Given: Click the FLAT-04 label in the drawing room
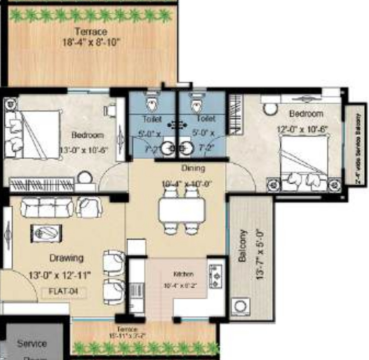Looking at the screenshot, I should click(64, 293).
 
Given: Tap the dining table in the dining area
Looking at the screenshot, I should click(182, 210).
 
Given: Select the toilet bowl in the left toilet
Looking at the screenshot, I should click(152, 104).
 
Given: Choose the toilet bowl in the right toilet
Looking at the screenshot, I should click(196, 104).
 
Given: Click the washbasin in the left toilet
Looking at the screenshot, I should click(167, 149).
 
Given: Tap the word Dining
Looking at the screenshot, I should click(193, 168).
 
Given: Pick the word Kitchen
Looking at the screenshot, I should click(183, 274).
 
